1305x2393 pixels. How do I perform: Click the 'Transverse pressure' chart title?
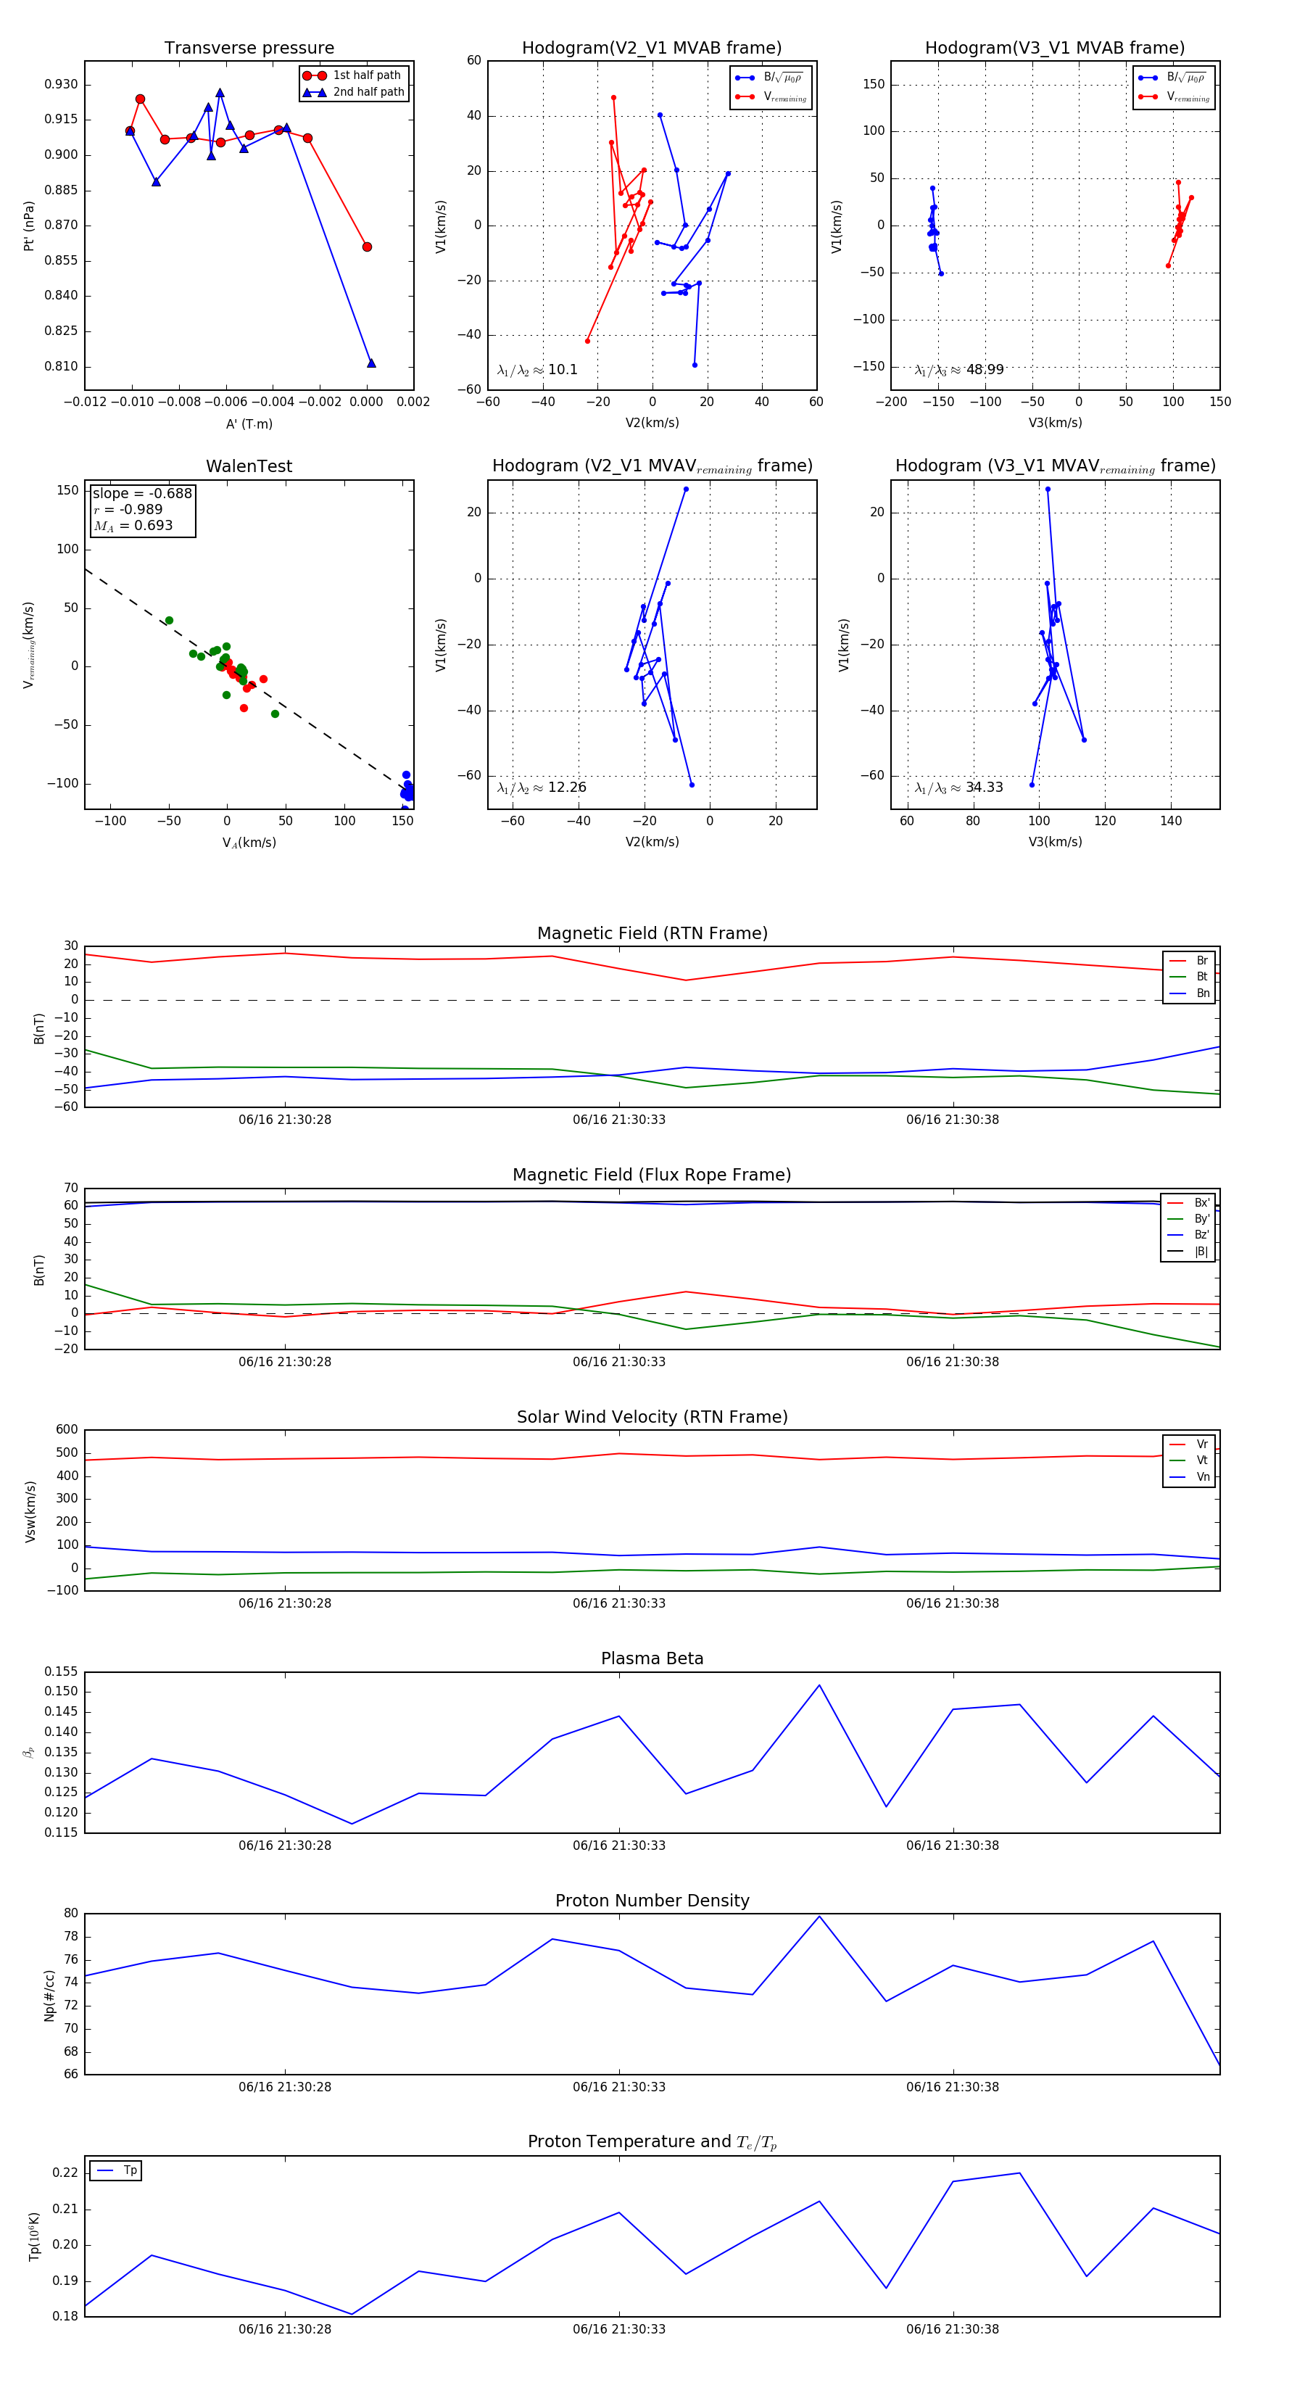click(249, 49)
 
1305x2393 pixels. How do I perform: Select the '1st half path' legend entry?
click(366, 75)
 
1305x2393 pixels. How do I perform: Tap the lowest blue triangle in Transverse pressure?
click(370, 363)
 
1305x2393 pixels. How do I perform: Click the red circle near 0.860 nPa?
click(367, 247)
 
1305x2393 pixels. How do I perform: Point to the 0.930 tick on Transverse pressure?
click(62, 85)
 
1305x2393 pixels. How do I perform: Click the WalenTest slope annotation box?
click(142, 509)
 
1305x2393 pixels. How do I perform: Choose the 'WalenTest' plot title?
click(249, 466)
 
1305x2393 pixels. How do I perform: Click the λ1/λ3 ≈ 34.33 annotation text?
click(958, 788)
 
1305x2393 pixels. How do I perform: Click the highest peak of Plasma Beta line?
click(819, 1685)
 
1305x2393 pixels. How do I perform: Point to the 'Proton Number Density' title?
click(652, 1901)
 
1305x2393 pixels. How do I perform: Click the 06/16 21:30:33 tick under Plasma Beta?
click(618, 1845)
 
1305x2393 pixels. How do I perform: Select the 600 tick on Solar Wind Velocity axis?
click(66, 1430)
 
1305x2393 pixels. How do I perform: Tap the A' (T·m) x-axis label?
click(249, 423)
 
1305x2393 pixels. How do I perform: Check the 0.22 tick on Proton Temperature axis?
click(65, 2173)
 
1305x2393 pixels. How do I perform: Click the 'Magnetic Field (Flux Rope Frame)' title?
click(652, 1175)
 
